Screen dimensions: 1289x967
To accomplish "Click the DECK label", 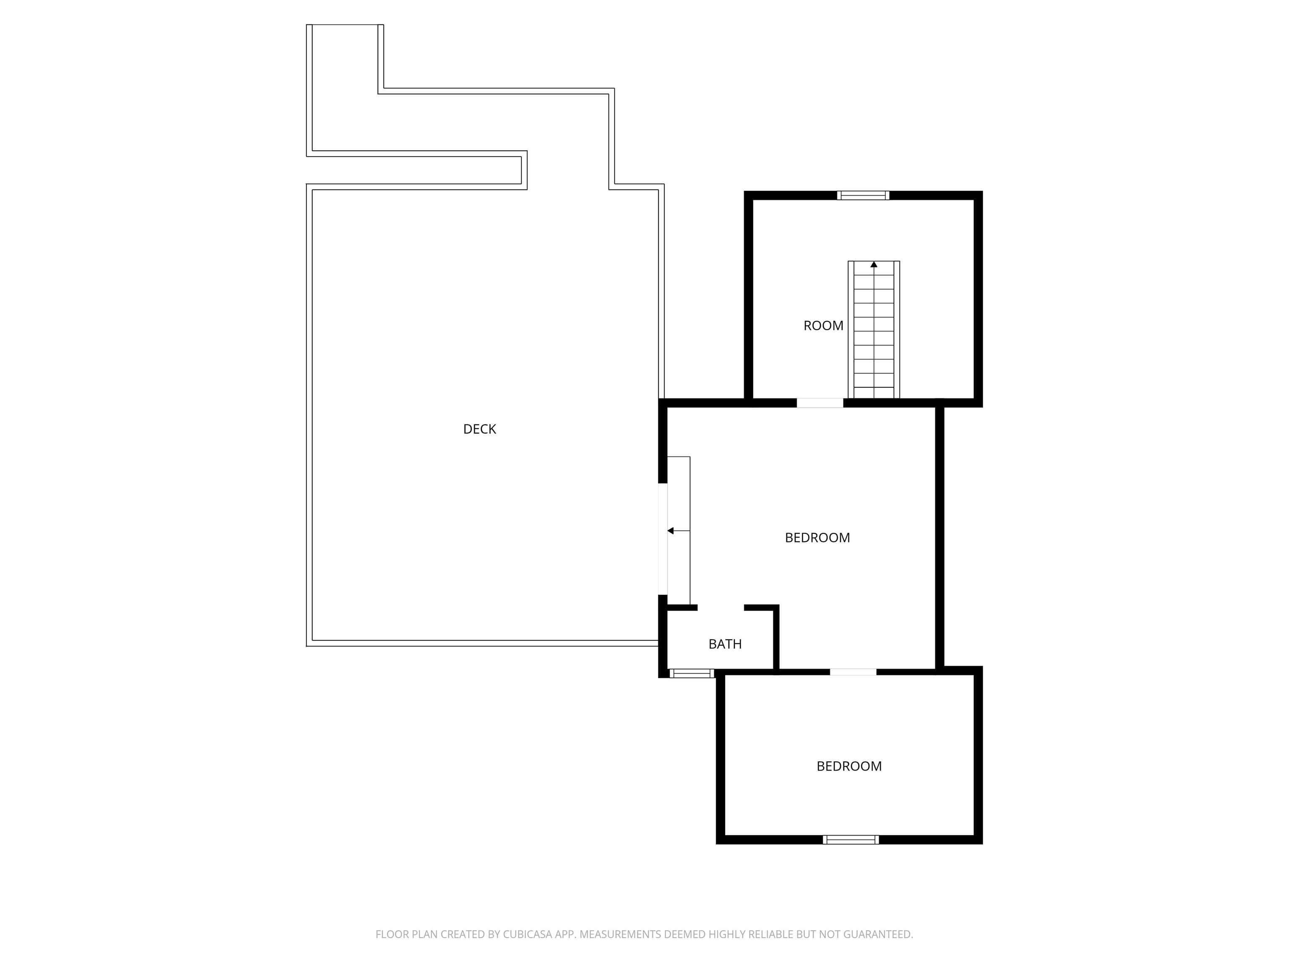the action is tap(480, 429).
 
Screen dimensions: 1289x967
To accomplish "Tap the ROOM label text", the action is tap(823, 326).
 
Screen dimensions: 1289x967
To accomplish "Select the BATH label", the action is tap(725, 644).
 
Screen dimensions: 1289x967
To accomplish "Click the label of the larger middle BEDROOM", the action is tap(817, 537).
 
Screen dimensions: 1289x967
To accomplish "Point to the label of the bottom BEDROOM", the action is tap(849, 766).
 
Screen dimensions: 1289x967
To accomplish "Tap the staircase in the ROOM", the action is tap(874, 330).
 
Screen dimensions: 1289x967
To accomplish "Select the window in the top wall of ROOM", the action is tap(863, 195).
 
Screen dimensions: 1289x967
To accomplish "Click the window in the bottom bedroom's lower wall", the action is tap(851, 839).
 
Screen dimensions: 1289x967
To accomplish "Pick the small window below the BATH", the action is tap(691, 673).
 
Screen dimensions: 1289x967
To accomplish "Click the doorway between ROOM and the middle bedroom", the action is tap(820, 403).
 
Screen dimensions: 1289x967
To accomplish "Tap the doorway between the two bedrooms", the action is tap(853, 672).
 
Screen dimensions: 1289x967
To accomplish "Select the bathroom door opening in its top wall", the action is tap(721, 608).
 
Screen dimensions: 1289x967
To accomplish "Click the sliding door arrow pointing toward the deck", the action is tap(678, 531).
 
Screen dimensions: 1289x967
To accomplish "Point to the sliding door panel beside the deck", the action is tap(678, 531).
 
